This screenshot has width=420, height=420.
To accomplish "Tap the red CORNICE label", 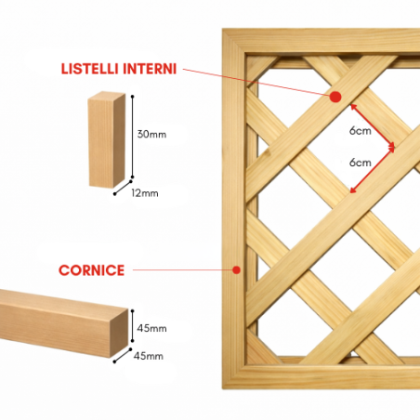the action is [x=91, y=270].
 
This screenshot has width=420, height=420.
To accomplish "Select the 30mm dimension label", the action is [x=151, y=134].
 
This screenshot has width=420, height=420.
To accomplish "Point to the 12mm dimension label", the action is [x=145, y=193].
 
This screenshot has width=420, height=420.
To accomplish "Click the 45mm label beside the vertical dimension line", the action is [x=151, y=328].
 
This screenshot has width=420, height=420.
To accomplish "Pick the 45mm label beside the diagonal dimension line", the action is [x=149, y=356].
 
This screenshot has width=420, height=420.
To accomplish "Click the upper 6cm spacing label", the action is [x=361, y=131].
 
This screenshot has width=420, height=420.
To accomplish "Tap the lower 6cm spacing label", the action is [x=361, y=163].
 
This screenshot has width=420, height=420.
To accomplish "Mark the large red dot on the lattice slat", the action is [x=335, y=98].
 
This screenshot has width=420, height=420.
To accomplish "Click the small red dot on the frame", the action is [x=237, y=270].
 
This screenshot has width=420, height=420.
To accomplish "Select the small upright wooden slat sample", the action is [x=107, y=139].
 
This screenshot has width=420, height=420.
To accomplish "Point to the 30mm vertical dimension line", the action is [x=133, y=137].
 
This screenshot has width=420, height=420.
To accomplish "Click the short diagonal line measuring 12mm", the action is [x=123, y=188].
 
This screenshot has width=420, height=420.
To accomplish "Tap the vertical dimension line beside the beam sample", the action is [x=133, y=325].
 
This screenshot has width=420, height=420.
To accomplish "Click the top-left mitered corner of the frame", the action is [x=224, y=30].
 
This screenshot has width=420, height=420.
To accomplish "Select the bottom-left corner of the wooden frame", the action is [x=224, y=387].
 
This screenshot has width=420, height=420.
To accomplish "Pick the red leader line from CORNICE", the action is [x=183, y=270].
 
